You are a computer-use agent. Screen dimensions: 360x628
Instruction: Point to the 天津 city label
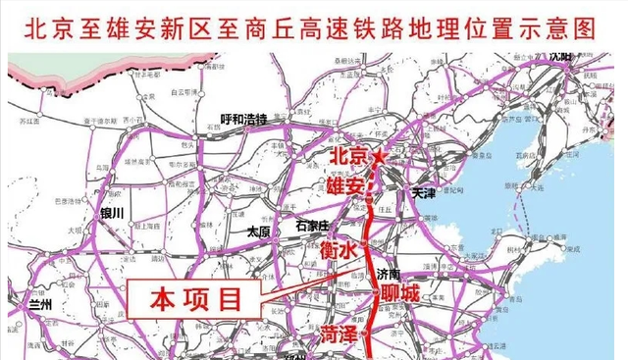[424, 194]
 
